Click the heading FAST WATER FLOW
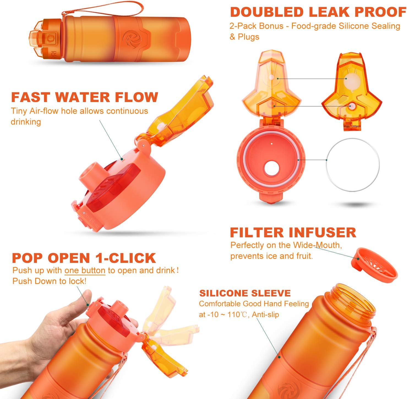(x=84, y=97)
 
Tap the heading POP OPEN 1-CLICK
(x=84, y=258)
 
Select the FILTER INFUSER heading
(x=293, y=232)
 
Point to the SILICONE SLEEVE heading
(x=245, y=293)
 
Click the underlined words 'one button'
(x=85, y=270)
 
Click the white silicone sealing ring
(x=353, y=164)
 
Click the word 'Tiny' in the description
(x=19, y=111)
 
